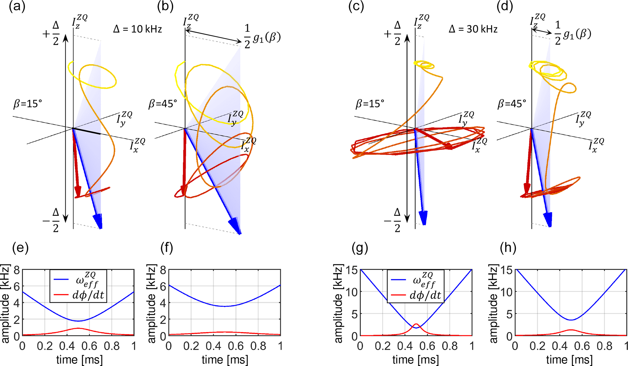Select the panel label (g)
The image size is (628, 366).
360,248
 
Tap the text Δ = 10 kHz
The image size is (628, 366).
137,29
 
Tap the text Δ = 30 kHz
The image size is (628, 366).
473,29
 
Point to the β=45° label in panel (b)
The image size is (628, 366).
163,104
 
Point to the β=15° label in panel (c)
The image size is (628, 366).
370,104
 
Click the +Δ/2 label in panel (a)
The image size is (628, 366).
51,33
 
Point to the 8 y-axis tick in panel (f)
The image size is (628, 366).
163,270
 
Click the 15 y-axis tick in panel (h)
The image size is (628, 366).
506,270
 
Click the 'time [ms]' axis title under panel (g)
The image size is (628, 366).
415,360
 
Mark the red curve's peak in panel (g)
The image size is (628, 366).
416,324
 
